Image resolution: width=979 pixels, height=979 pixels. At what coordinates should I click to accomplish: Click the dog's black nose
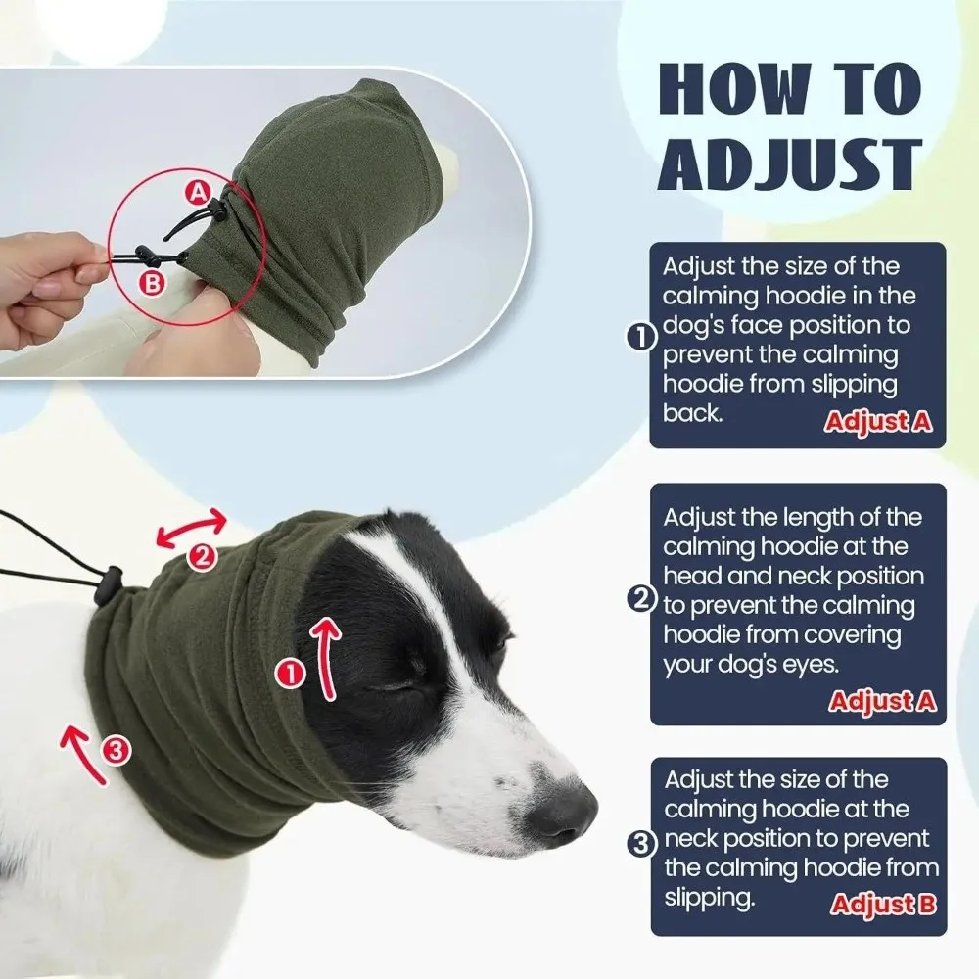(x=562, y=812)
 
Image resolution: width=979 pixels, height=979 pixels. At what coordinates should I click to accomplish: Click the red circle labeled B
(x=152, y=284)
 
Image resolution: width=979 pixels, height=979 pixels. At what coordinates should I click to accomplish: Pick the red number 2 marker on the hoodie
(x=201, y=557)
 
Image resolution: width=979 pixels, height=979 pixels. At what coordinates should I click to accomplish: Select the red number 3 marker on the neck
(x=116, y=751)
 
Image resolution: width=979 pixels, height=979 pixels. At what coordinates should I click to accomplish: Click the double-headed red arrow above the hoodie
(x=192, y=529)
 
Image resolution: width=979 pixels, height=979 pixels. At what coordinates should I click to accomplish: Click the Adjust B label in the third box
(x=883, y=903)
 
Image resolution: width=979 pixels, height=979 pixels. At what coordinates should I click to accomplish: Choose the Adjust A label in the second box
(x=882, y=701)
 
